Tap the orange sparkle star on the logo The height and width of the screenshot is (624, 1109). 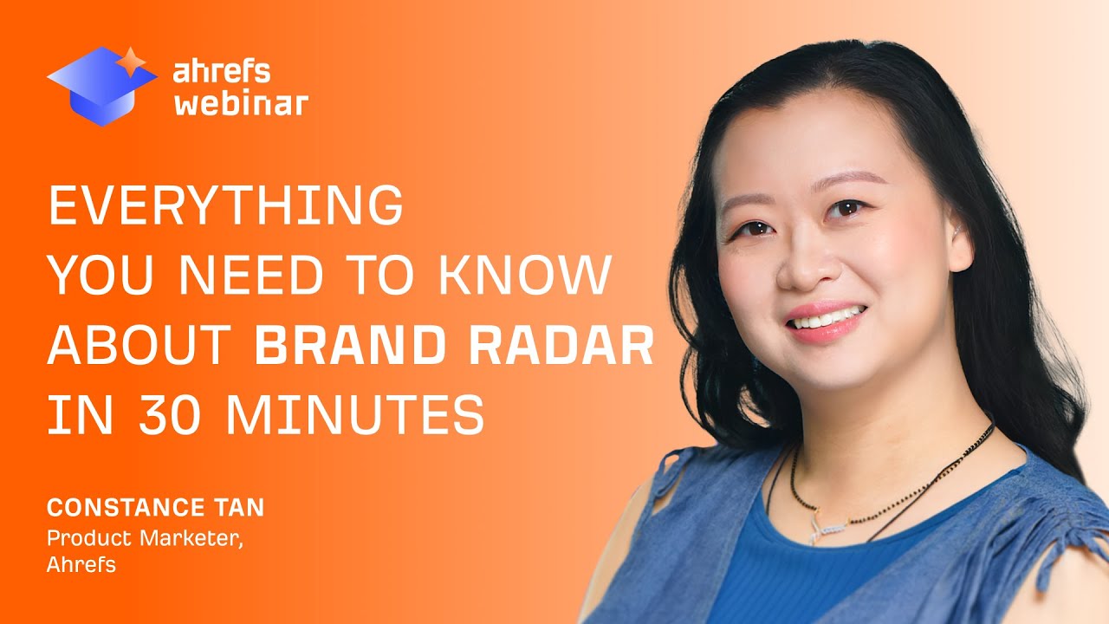132,61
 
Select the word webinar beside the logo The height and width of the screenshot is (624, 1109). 241,104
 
